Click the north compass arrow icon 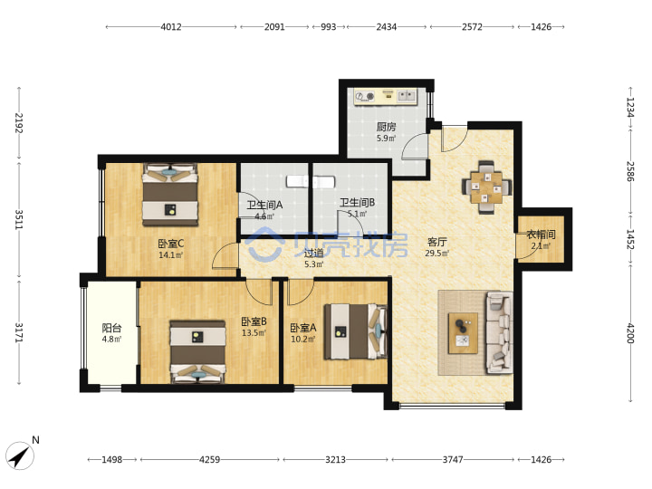coord(20,456)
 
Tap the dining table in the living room coord(486,187)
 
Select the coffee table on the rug coord(463,333)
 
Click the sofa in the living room coord(499,332)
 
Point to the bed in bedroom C coord(170,195)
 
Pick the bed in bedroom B coord(198,351)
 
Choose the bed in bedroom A coord(356,331)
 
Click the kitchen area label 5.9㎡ coord(387,139)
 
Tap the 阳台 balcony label coord(112,328)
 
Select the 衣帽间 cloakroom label coord(541,235)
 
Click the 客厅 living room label coord(436,242)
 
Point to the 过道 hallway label coord(313,253)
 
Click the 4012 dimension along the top coord(171,27)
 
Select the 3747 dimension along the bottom coord(453,459)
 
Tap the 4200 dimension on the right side coord(630,333)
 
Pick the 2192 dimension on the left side coord(19,122)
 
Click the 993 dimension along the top coord(328,27)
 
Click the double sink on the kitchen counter coord(407,96)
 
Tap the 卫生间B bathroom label coord(357,203)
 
